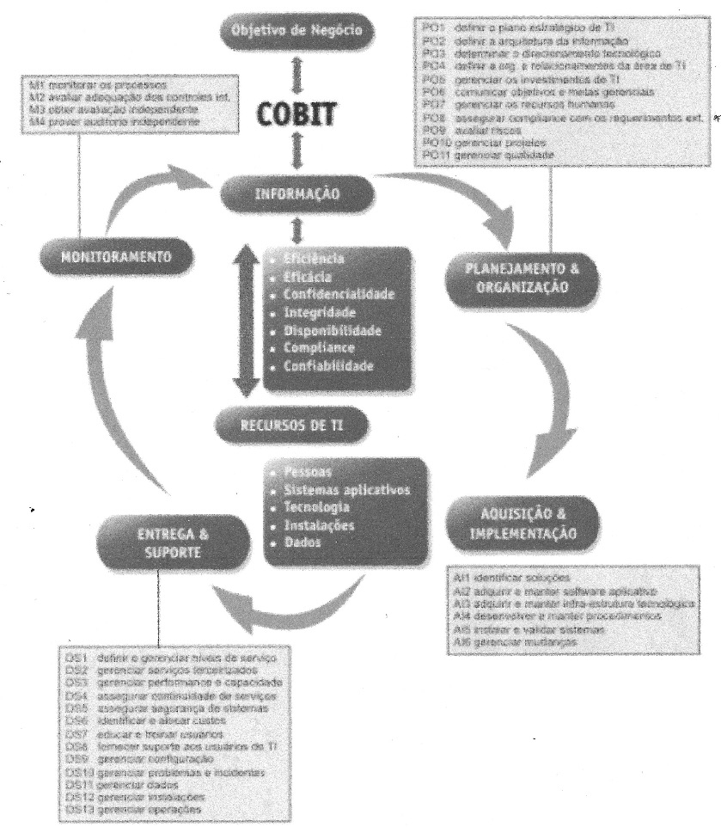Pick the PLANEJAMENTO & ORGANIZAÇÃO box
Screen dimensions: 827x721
click(x=515, y=277)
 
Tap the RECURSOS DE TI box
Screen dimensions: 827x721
click(x=295, y=422)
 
